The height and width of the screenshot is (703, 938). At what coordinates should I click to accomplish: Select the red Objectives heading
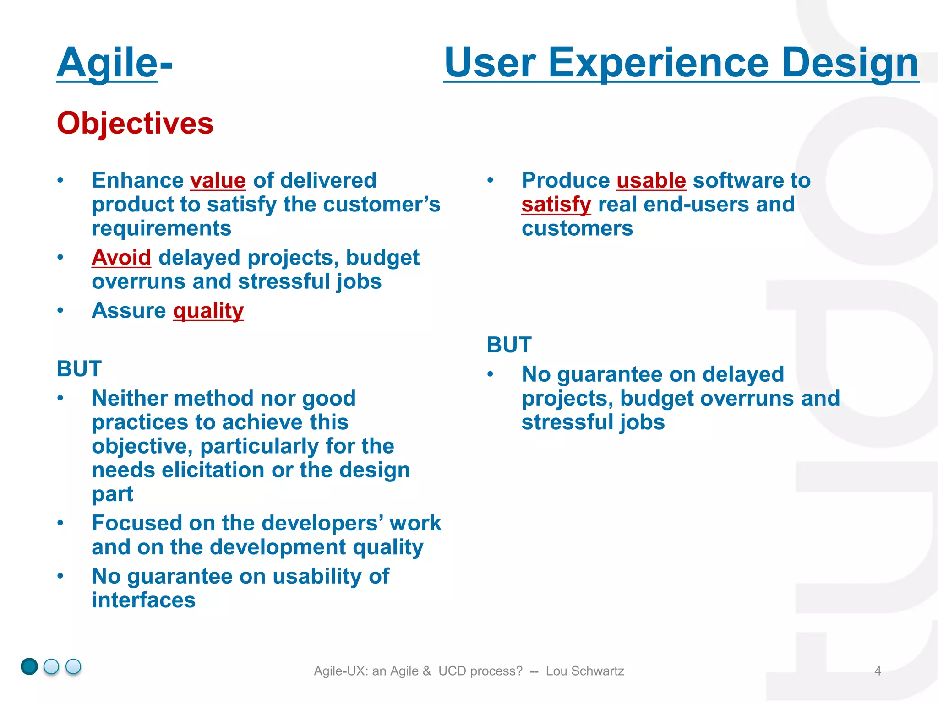tap(135, 123)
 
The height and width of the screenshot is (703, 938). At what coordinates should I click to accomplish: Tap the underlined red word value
tap(218, 180)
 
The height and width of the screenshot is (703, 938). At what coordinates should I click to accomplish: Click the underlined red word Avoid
tap(121, 257)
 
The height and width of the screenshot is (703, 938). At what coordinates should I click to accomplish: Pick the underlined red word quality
tap(208, 311)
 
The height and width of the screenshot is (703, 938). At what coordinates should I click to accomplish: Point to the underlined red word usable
tap(651, 180)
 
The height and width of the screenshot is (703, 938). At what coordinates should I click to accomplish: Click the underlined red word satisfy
tap(556, 205)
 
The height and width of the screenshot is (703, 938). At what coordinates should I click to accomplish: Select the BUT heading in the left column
tap(79, 369)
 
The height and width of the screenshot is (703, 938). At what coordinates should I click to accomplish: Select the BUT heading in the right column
tap(509, 345)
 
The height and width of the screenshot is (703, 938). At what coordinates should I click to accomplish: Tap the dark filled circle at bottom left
tap(29, 666)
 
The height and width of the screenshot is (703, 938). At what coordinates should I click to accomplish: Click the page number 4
tap(878, 671)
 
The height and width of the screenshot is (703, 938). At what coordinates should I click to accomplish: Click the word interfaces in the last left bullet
tap(144, 600)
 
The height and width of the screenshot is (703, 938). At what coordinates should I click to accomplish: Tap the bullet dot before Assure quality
tap(60, 311)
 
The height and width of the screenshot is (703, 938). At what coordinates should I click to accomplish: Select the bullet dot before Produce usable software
tap(490, 180)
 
